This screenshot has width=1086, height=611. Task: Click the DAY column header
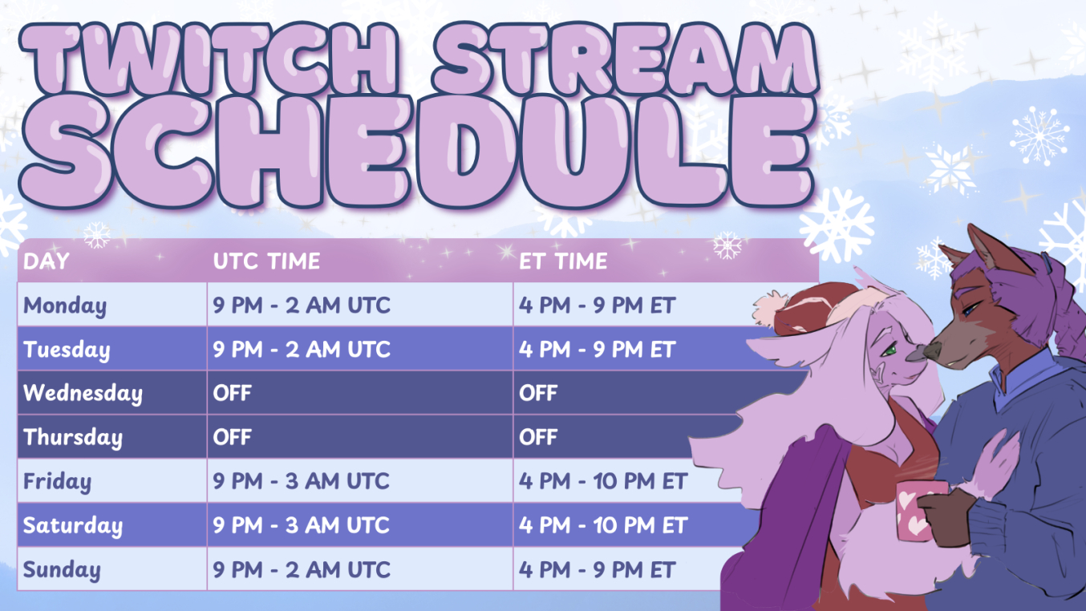pyautogui.click(x=47, y=261)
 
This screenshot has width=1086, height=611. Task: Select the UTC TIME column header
pyautogui.click(x=266, y=261)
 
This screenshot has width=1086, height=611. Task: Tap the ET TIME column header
pyautogui.click(x=563, y=261)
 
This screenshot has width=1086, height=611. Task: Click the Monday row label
pyautogui.click(x=65, y=305)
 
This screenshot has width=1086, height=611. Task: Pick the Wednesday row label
pyautogui.click(x=83, y=393)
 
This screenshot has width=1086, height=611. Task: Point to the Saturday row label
pyautogui.click(x=73, y=526)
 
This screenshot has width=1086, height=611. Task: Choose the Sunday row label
pyautogui.click(x=62, y=570)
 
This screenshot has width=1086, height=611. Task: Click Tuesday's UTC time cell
pyautogui.click(x=301, y=350)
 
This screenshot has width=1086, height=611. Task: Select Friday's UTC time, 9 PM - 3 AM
pyautogui.click(x=301, y=481)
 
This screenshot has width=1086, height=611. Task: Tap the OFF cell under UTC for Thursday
pyautogui.click(x=233, y=437)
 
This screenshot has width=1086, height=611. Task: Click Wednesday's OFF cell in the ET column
pyautogui.click(x=538, y=393)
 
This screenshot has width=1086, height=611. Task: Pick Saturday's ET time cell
pyautogui.click(x=603, y=525)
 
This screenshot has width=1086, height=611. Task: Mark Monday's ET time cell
pyautogui.click(x=598, y=305)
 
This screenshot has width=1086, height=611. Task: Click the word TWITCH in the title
pyautogui.click(x=209, y=59)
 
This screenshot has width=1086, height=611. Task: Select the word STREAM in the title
pyautogui.click(x=626, y=59)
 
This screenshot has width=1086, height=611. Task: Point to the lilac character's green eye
pyautogui.click(x=888, y=350)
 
